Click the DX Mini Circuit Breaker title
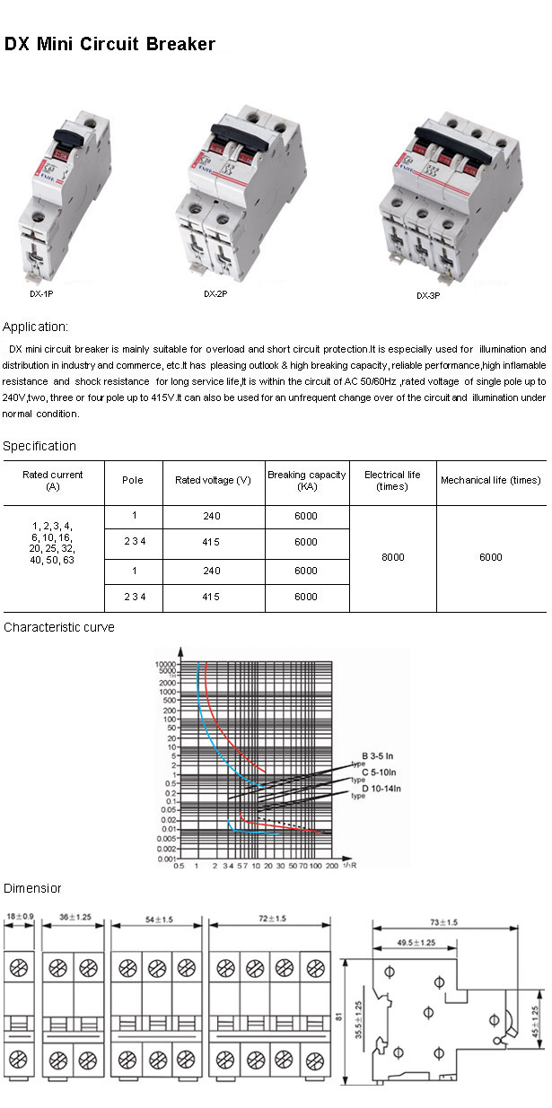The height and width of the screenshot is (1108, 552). click(x=110, y=44)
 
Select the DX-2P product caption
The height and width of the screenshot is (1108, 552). click(x=215, y=293)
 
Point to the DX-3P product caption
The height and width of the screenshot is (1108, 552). click(x=428, y=295)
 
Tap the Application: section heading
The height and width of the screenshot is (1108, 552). click(x=36, y=327)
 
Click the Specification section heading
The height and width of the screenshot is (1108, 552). click(x=39, y=446)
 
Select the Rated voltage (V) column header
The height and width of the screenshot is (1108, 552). click(x=213, y=480)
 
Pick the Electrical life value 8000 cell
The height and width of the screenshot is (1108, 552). click(x=392, y=557)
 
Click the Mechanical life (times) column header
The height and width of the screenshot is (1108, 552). click(x=490, y=480)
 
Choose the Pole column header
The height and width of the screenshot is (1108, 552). click(x=132, y=480)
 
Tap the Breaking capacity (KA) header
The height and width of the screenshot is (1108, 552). click(x=306, y=480)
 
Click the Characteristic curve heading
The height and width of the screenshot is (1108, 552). click(x=59, y=627)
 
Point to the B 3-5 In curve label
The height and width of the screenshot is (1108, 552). click(x=382, y=755)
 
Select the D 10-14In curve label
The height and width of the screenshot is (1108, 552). click(x=381, y=789)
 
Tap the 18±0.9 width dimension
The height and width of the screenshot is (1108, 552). click(x=19, y=917)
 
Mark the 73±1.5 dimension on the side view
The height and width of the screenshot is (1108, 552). click(x=442, y=921)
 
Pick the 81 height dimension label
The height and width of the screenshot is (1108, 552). click(x=338, y=1016)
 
